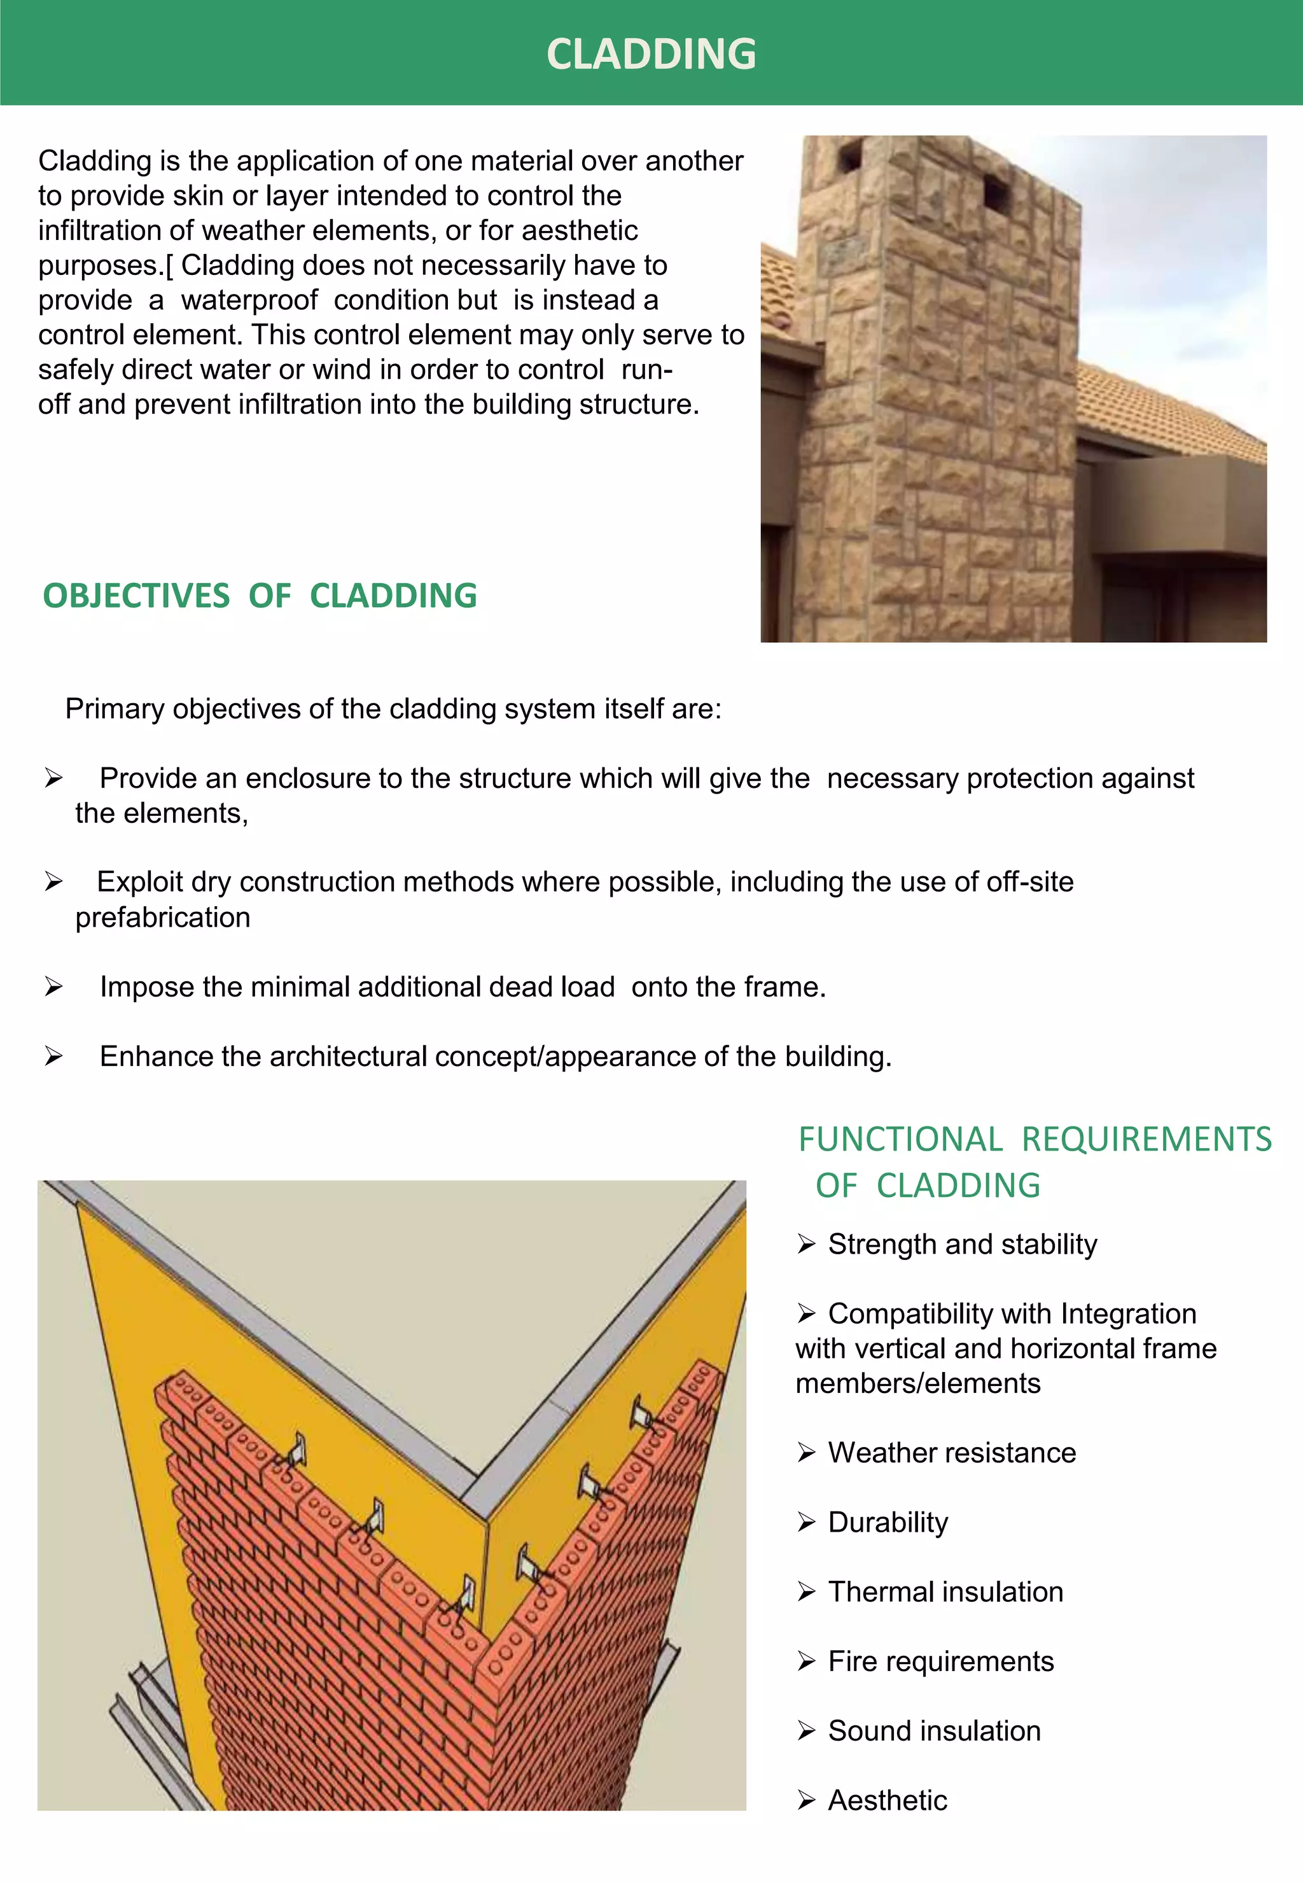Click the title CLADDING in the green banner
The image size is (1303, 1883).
pos(651,54)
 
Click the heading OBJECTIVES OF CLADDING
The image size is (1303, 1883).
pos(260,596)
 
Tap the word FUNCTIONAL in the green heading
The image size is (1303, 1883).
pos(900,1139)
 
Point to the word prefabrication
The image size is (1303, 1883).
pos(162,918)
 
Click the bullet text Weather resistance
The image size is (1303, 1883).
pos(951,1453)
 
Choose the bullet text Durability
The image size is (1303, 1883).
pos(888,1522)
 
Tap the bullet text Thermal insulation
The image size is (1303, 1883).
pos(945,1592)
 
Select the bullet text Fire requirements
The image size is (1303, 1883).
pos(940,1661)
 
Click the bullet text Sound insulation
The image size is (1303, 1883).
pos(934,1730)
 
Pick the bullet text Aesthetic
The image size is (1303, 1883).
pos(888,1800)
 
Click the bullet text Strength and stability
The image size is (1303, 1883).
pos(962,1245)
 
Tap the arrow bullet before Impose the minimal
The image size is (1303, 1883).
pos(54,987)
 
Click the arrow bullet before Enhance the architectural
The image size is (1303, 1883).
pos(54,1056)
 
